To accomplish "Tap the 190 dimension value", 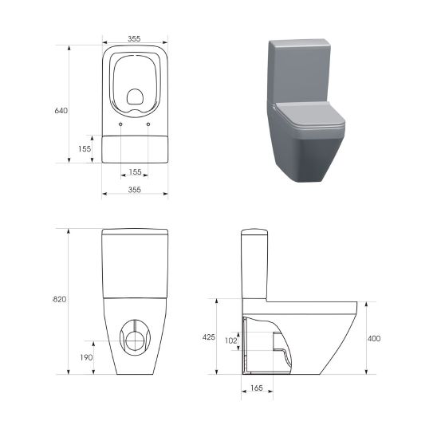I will point(87,357).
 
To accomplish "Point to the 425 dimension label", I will point(209,337).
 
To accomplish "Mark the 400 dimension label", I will point(374,338).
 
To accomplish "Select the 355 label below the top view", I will point(135,190).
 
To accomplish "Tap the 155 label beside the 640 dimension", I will point(85,148).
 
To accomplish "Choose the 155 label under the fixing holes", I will point(135,171).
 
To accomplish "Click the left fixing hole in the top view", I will point(120,125).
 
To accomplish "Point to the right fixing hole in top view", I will point(149,125).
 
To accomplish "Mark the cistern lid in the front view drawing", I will point(135,233).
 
